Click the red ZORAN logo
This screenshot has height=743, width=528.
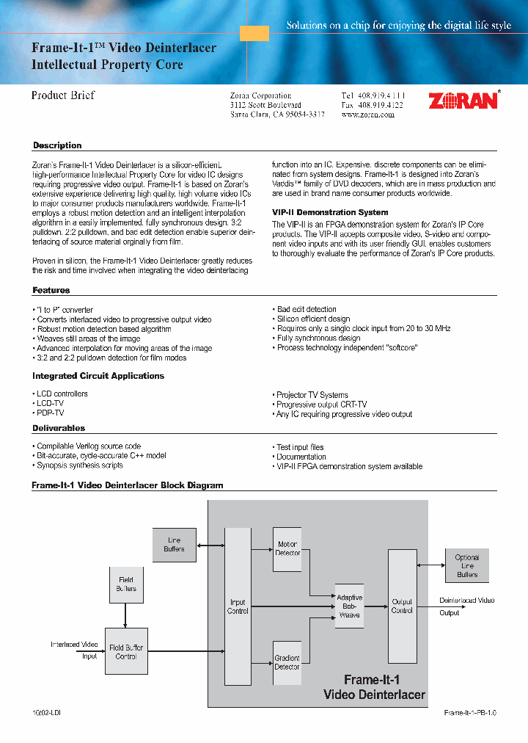tap(463, 101)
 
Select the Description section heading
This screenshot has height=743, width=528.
tap(57, 145)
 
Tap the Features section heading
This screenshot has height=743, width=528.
tap(51, 291)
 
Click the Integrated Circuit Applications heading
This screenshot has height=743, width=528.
tap(98, 376)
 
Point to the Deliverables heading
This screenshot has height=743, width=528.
tap(59, 428)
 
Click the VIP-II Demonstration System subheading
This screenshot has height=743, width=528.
tap(330, 212)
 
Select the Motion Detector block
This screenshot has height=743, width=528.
tap(287, 548)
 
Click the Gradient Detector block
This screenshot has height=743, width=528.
tap(287, 663)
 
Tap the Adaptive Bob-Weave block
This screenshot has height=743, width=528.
tap(349, 606)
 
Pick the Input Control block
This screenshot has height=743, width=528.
tap(238, 606)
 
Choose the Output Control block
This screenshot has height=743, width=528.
tap(402, 606)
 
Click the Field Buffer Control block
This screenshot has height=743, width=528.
tap(126, 651)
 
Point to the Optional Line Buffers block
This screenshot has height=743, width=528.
tap(467, 565)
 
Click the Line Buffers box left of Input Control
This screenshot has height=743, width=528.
tap(175, 545)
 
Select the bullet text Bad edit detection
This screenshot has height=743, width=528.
tap(307, 310)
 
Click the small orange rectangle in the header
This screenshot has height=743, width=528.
tap(254, 33)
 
